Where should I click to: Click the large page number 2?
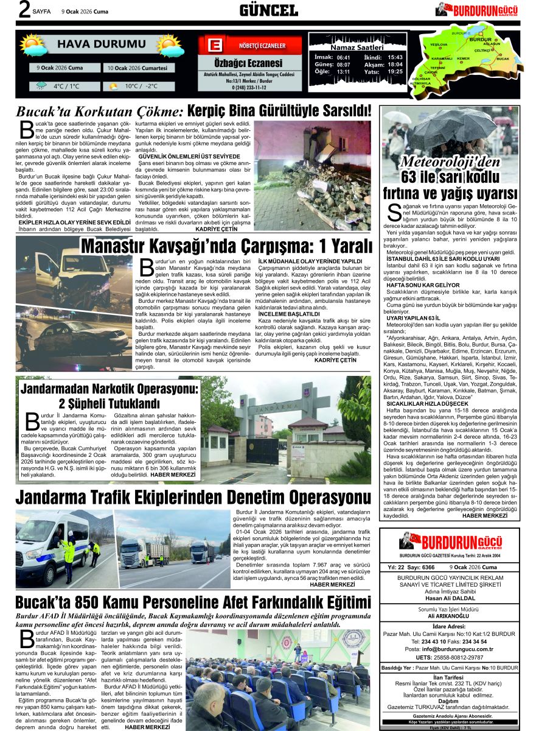[x=24, y=11]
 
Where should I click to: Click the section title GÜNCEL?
[x=268, y=10]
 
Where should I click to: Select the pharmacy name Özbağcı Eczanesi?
[x=248, y=63]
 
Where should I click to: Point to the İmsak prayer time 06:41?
[x=343, y=57]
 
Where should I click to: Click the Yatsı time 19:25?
[x=395, y=72]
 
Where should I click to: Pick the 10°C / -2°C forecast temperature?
[x=141, y=87]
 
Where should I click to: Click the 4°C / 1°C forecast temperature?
[x=66, y=87]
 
